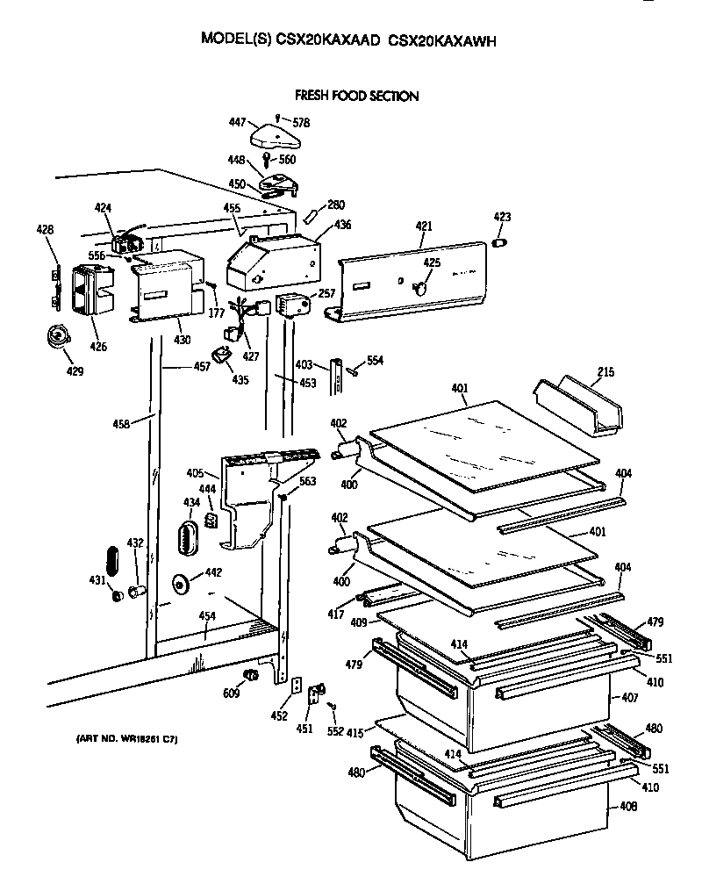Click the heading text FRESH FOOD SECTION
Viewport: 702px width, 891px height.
[356, 96]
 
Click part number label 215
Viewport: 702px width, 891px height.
[605, 373]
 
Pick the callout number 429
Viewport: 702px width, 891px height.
[75, 371]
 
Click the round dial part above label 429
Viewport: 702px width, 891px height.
[60, 337]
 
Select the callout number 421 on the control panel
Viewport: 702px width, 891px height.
[424, 226]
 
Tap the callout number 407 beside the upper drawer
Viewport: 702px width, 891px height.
[629, 700]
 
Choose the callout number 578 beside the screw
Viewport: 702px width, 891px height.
[301, 123]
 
